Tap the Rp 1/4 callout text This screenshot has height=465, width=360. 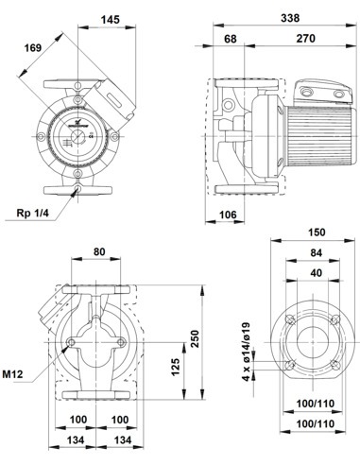[35, 215]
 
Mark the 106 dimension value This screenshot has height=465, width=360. [227, 215]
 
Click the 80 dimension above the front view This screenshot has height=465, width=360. [100, 252]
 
